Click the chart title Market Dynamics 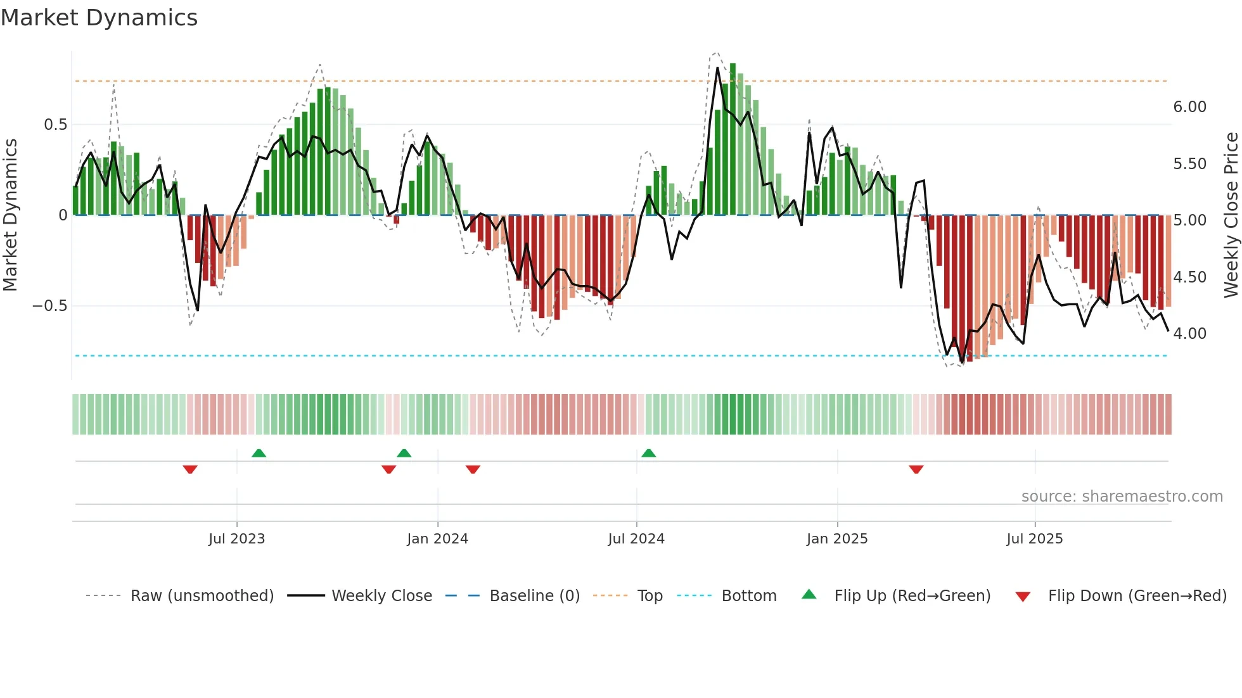pyautogui.click(x=99, y=18)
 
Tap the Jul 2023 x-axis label pyautogui.click(x=236, y=539)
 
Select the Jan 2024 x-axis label pyautogui.click(x=437, y=539)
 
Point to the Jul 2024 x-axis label pyautogui.click(x=636, y=539)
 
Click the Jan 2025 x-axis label pyautogui.click(x=837, y=539)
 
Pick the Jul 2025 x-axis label pyautogui.click(x=1035, y=539)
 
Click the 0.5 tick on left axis pyautogui.click(x=55, y=125)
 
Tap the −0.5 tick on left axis pyautogui.click(x=50, y=306)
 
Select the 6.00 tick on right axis pyautogui.click(x=1189, y=107)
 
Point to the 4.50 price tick pyautogui.click(x=1189, y=277)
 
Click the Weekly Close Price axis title pyautogui.click(x=1231, y=215)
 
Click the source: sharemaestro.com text pyautogui.click(x=1122, y=497)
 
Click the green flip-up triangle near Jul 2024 pyautogui.click(x=648, y=453)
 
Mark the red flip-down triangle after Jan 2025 pyautogui.click(x=916, y=469)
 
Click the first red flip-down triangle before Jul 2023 pyautogui.click(x=190, y=469)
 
